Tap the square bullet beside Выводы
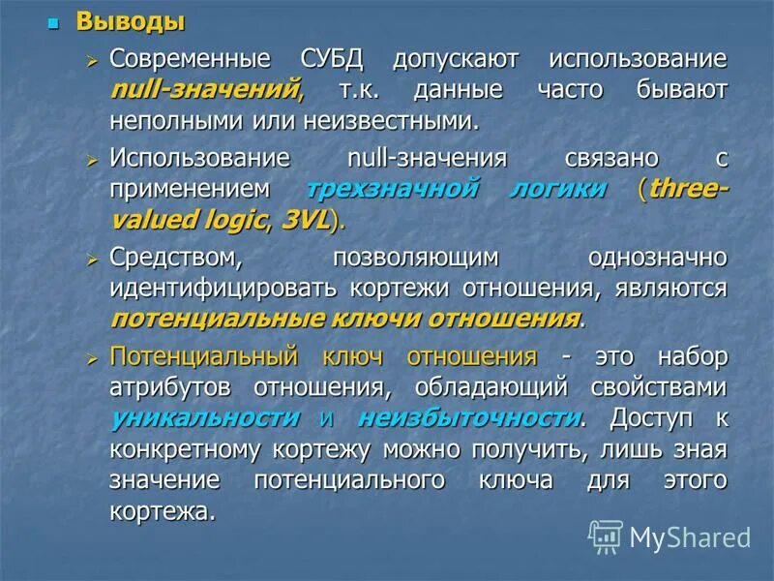(55, 21)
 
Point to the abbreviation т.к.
(364, 90)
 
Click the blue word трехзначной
(405, 188)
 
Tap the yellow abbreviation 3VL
(305, 220)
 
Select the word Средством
(174, 257)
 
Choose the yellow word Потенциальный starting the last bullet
(202, 355)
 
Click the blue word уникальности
(205, 418)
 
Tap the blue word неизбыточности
(469, 418)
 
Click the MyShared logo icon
(606, 535)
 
